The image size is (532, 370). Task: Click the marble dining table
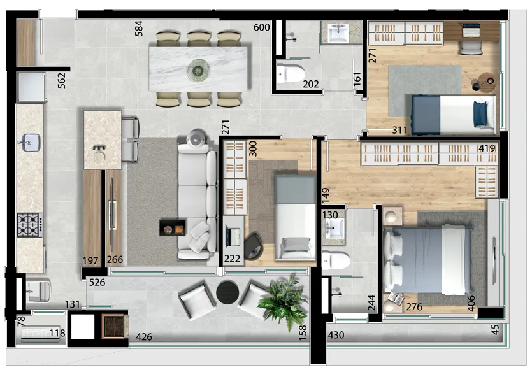(x=200, y=69)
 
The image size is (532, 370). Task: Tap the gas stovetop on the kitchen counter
(x=30, y=225)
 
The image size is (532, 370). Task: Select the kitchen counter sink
(x=31, y=142)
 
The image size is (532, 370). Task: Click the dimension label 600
(x=262, y=27)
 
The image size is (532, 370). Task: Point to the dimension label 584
(x=138, y=29)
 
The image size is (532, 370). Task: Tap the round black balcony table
(x=227, y=292)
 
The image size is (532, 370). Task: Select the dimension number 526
(x=97, y=282)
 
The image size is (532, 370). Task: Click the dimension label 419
(x=487, y=148)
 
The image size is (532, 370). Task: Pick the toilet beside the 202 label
(x=291, y=72)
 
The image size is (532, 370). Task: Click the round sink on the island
(x=99, y=157)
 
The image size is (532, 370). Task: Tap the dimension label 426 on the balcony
(x=144, y=337)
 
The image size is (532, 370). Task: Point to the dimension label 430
(x=336, y=335)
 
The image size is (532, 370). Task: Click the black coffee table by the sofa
(x=173, y=227)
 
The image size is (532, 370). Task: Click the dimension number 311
(x=399, y=130)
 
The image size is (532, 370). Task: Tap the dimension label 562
(x=61, y=81)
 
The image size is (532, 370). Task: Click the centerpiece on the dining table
(x=198, y=71)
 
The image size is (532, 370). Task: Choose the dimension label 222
(x=232, y=259)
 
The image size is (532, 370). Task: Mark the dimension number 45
(x=495, y=329)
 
